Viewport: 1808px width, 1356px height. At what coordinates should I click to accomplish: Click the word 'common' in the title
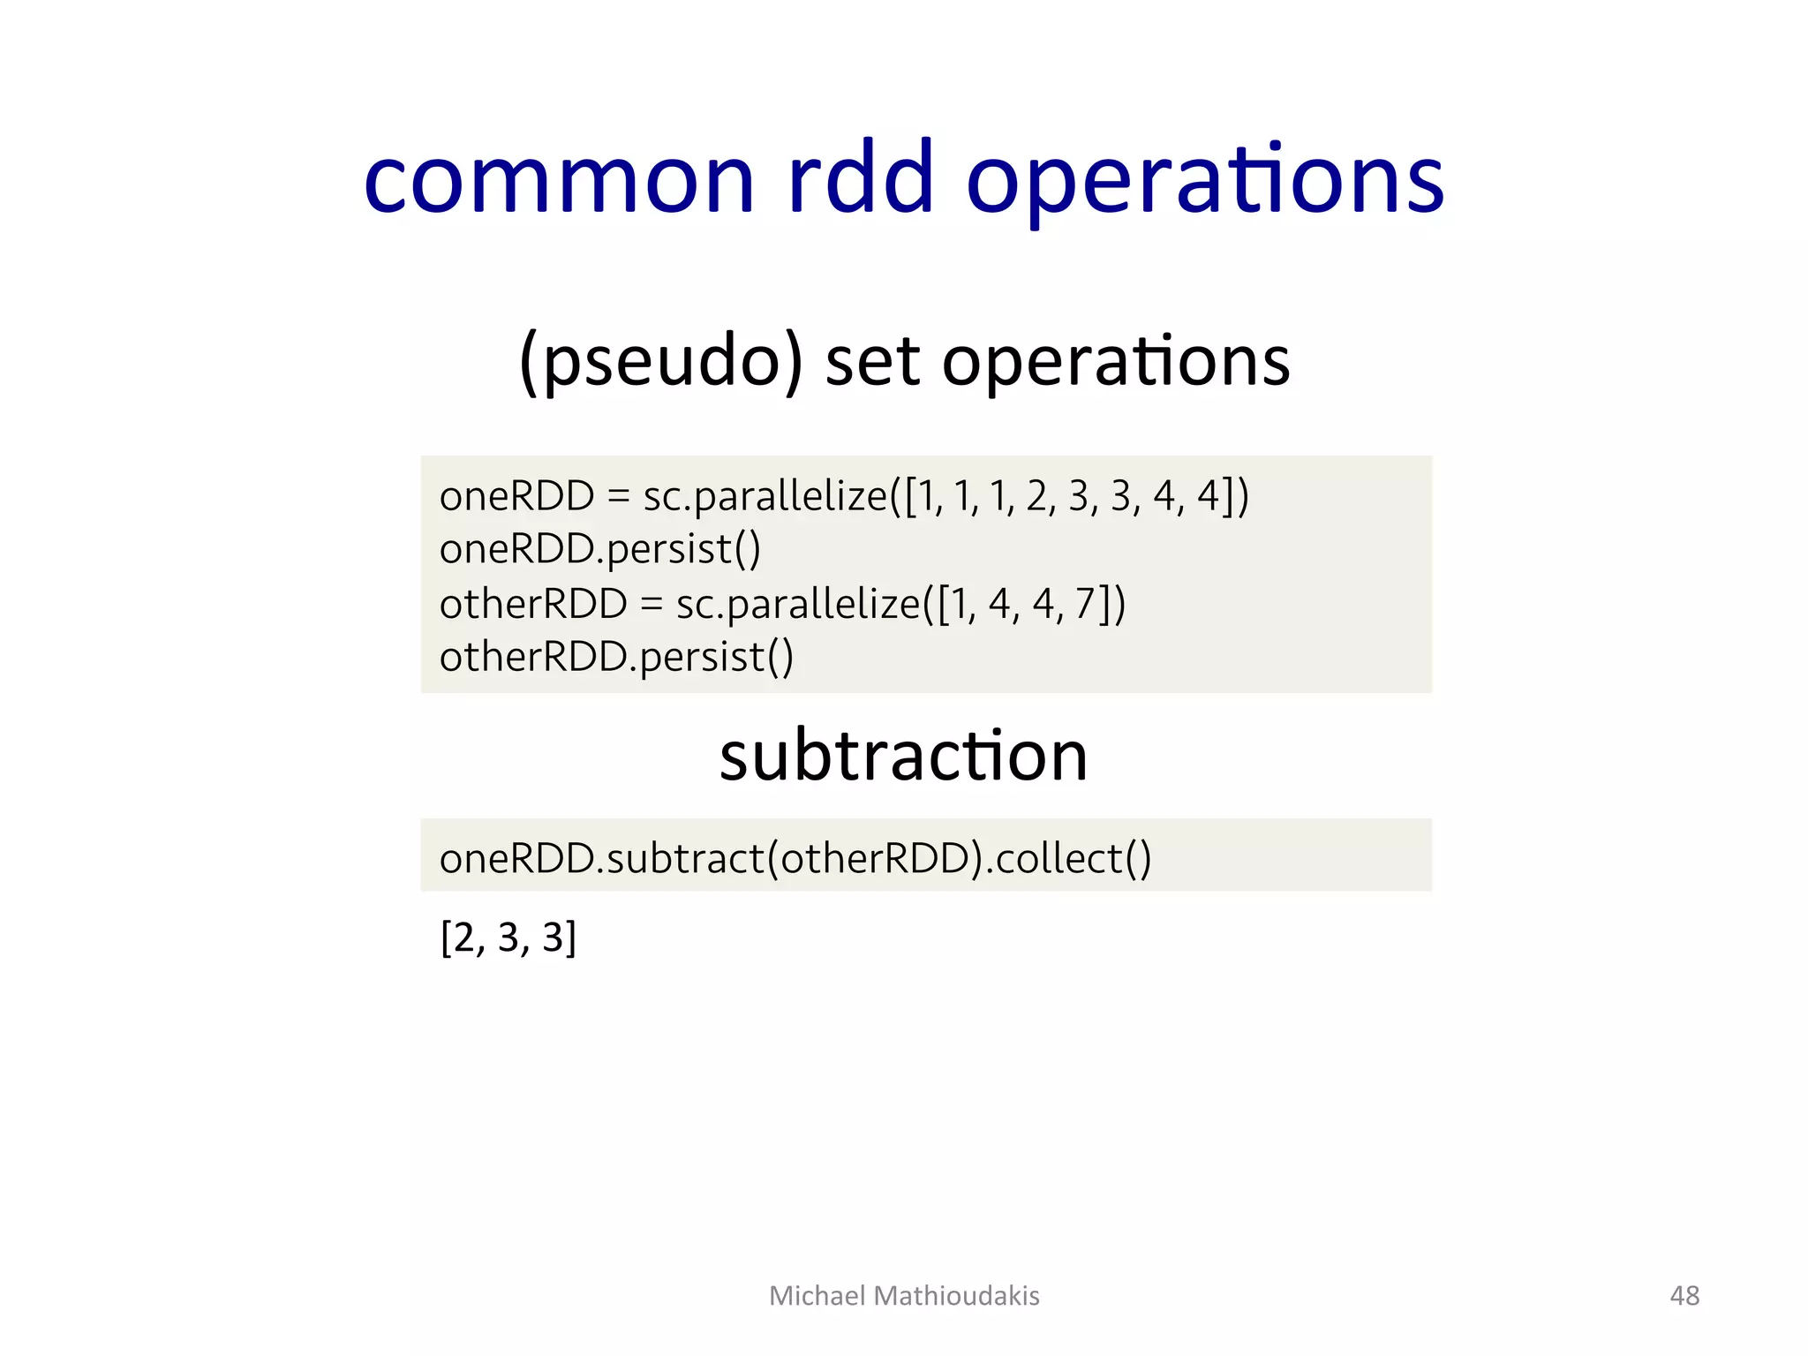coord(559,181)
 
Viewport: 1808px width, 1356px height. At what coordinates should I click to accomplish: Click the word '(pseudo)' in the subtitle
coord(661,362)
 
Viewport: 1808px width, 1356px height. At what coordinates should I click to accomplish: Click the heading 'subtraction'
coord(903,757)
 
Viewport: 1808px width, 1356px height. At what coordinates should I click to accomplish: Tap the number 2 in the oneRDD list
coord(1036,496)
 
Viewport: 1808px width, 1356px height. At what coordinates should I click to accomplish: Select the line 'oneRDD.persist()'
coord(599,550)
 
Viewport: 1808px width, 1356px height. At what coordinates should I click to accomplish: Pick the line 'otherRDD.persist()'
coord(616,658)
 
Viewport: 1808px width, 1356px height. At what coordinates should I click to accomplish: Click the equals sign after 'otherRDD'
coord(651,606)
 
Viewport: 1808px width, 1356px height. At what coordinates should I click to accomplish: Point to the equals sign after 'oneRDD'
coord(618,497)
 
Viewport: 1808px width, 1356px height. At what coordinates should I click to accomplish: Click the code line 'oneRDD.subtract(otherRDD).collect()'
coord(795,859)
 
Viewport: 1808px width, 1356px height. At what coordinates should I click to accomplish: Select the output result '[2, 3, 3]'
coord(508,938)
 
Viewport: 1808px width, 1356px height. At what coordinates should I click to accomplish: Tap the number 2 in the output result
coord(464,938)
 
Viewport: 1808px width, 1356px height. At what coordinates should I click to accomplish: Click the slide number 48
coord(1684,1295)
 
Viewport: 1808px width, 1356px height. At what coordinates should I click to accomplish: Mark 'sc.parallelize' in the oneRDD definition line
coord(765,497)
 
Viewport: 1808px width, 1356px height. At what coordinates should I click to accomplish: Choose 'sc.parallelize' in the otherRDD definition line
coord(797,606)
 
